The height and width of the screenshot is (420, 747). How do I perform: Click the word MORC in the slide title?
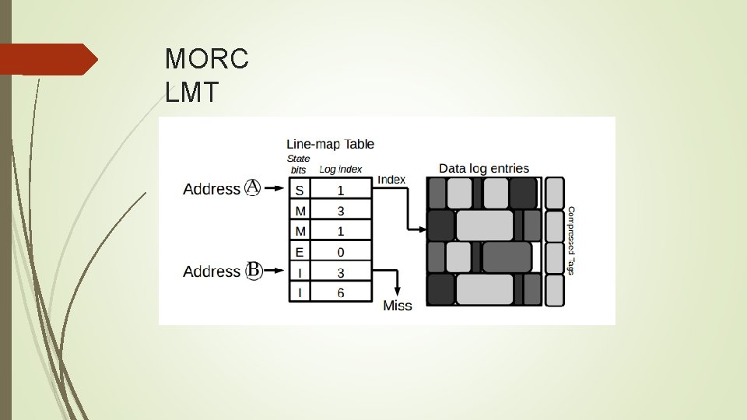207,58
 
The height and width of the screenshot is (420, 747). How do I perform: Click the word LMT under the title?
193,93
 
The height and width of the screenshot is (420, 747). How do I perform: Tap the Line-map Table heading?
330,144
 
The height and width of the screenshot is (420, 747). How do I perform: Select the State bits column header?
298,163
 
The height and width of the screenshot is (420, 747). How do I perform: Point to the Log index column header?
340,169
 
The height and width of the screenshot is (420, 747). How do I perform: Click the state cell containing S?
300,190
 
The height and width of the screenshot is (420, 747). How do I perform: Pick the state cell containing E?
300,252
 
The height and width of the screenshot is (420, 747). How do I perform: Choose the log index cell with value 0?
342,252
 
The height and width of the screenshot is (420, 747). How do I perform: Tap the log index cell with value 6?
342,293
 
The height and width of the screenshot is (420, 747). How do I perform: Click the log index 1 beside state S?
342,190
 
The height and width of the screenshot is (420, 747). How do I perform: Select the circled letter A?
253,187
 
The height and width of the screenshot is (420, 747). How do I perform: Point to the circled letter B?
253,271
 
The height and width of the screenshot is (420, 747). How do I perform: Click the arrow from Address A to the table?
275,188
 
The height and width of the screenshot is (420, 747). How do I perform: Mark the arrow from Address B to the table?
275,271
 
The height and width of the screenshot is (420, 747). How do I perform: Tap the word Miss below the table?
398,306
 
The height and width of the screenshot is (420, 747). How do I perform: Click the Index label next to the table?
391,180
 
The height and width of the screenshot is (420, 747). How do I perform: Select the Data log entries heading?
484,168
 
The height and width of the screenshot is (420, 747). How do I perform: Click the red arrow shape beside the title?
48,59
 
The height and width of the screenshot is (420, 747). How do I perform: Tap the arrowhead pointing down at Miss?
398,289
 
